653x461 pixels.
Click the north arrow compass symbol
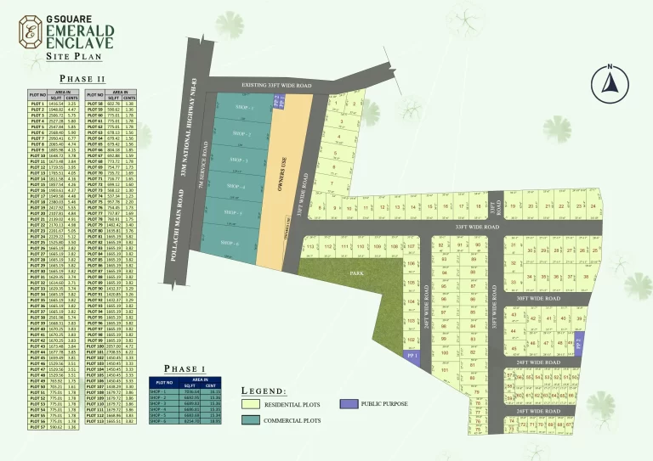609,81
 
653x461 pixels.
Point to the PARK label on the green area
357,274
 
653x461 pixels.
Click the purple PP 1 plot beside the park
412,357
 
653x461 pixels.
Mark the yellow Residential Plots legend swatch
252,403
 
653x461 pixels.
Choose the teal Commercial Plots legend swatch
252,419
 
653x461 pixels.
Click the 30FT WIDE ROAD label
537,299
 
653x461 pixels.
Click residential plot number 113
310,247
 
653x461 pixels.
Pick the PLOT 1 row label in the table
37,103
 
